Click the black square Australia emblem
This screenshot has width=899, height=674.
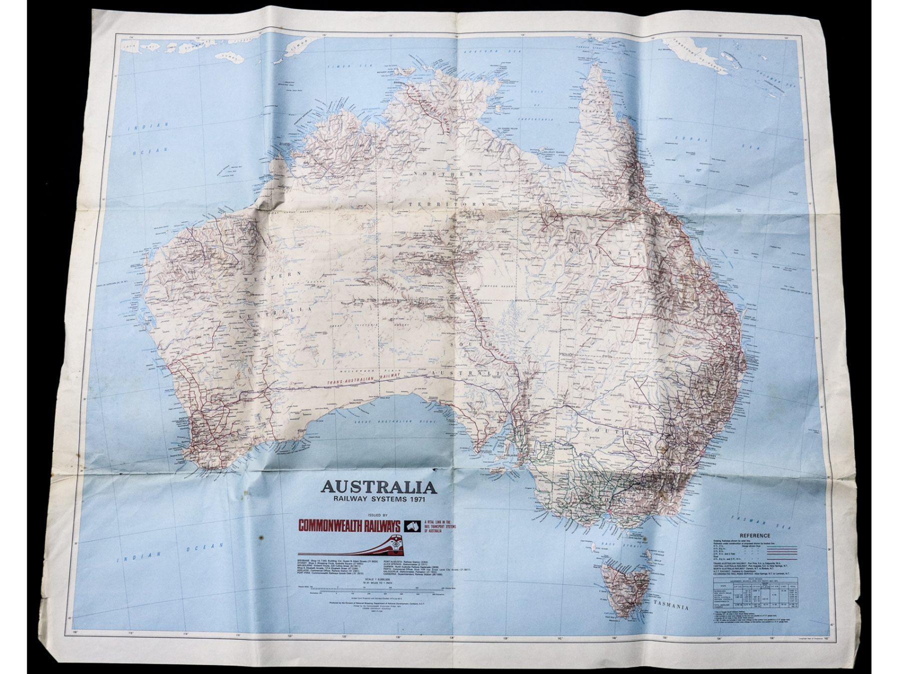click(x=413, y=526)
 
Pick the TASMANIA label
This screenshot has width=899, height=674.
click(x=672, y=606)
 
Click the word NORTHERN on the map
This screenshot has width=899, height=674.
click(x=448, y=174)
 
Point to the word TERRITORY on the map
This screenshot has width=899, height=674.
click(x=447, y=204)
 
